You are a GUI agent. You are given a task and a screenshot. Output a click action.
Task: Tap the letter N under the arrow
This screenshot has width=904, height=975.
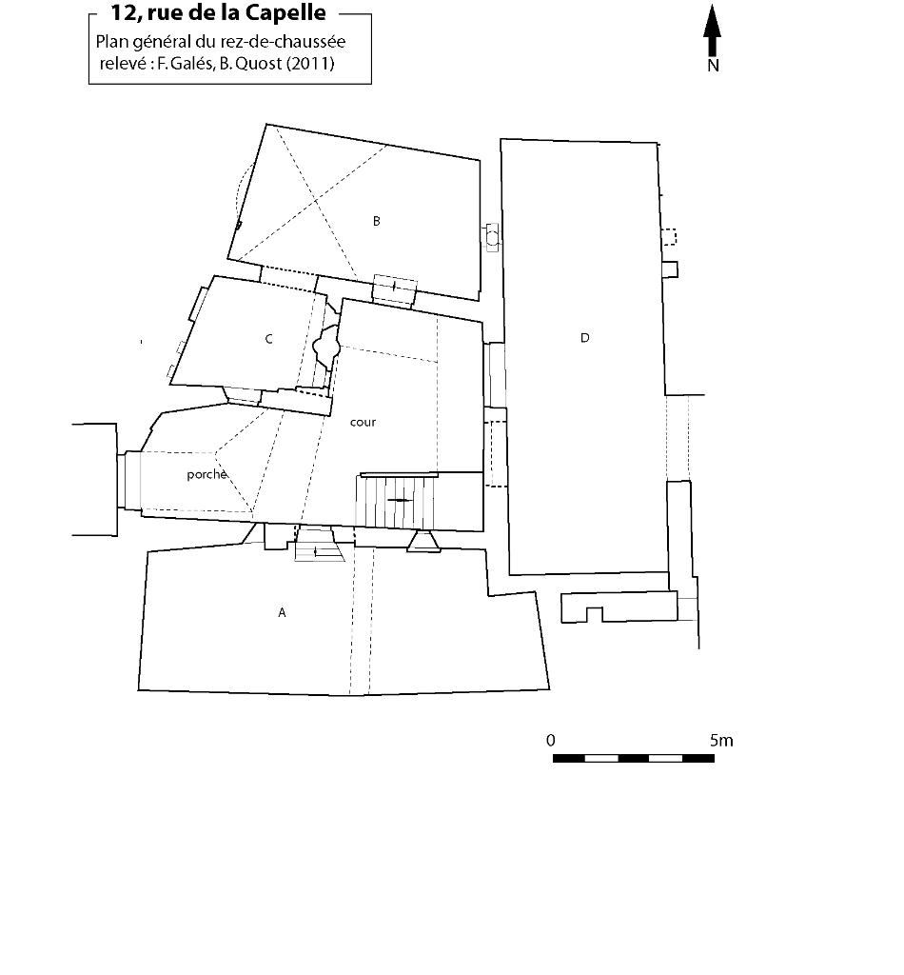coord(713,66)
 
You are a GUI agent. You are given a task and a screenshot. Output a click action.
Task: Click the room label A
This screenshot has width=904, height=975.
coord(282,612)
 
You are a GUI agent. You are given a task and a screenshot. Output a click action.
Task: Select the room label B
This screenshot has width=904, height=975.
coord(377,221)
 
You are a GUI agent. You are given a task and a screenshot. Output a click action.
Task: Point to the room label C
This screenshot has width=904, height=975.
coord(269,339)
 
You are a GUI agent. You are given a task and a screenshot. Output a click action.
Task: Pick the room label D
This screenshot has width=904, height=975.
coord(584,338)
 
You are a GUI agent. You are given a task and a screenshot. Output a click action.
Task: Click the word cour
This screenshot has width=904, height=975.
coord(363,422)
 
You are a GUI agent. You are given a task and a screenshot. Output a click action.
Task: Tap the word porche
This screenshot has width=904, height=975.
coord(206,474)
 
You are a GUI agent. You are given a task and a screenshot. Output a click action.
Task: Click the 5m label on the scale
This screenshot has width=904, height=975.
coord(721,741)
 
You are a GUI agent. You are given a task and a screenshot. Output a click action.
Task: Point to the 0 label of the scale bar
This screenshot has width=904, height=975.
coord(550,741)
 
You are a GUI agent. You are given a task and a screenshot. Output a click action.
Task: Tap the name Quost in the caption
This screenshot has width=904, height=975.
coord(259,63)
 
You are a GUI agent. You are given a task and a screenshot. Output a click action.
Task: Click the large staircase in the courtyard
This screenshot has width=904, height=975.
coord(396,501)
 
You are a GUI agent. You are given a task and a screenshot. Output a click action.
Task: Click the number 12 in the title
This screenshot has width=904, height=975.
coord(124,12)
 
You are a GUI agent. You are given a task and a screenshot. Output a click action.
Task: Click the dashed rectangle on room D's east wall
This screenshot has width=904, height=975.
coord(669,237)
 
